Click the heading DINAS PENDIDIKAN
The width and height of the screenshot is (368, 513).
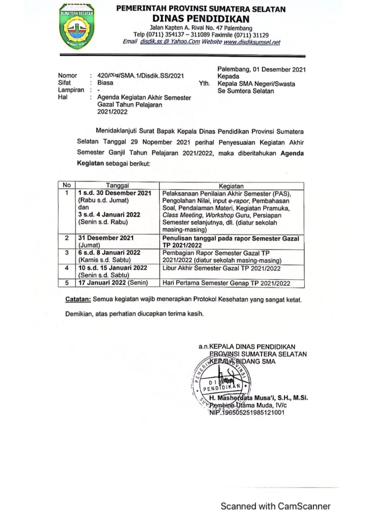[201, 18]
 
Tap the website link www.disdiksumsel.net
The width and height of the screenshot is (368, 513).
[252, 42]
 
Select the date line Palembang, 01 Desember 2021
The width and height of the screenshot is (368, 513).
[261, 69]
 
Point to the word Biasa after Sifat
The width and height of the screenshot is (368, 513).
[105, 83]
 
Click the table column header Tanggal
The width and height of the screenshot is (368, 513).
[117, 186]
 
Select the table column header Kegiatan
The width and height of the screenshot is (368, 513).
[231, 186]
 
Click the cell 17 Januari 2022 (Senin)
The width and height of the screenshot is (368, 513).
[114, 283]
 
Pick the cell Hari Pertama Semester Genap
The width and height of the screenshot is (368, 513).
[226, 283]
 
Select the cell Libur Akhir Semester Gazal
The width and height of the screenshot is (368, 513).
[221, 268]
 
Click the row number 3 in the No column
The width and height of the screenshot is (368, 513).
[67, 252]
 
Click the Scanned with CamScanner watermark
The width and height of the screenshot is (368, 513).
[276, 495]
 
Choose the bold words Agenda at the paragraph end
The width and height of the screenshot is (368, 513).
[292, 153]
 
